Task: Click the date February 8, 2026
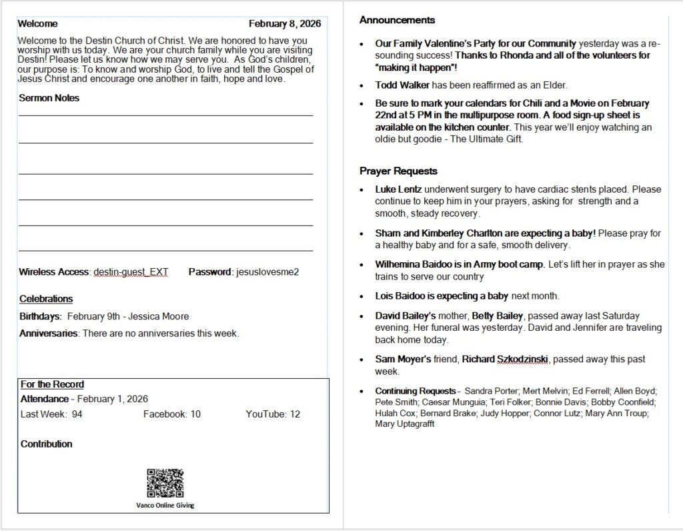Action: click(285, 23)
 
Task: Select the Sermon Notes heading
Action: click(49, 98)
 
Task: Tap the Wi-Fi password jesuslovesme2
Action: click(267, 272)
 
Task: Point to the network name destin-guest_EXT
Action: click(131, 272)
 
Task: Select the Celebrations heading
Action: click(46, 299)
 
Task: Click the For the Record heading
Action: click(52, 384)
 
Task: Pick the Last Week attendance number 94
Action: click(77, 414)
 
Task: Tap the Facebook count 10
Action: click(195, 414)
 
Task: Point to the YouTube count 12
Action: click(294, 414)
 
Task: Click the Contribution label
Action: click(47, 444)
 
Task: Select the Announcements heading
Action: click(397, 20)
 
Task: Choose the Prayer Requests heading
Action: click(398, 171)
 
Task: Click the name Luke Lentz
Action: click(398, 189)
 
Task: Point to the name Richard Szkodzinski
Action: click(505, 360)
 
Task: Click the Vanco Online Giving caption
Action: click(165, 505)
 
